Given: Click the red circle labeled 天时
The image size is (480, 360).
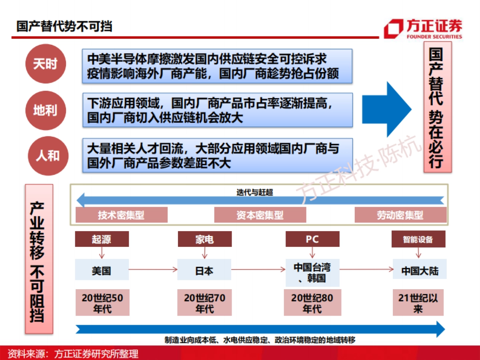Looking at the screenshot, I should click(x=45, y=64).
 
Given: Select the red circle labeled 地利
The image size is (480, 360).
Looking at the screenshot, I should click(x=45, y=110).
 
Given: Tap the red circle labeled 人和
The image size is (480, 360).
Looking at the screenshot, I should click(x=47, y=155).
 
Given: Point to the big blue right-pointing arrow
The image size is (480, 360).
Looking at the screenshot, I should click(x=386, y=109).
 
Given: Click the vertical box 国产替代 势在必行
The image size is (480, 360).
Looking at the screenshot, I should click(x=438, y=108).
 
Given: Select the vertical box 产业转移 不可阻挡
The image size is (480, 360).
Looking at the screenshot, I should click(x=39, y=259).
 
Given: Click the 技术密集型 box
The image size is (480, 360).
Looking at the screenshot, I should click(x=121, y=215).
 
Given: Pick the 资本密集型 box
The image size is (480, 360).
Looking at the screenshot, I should click(x=260, y=215).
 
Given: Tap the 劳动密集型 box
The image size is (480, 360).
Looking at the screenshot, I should click(x=400, y=215).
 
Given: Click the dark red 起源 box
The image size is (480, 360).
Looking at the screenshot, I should click(x=102, y=239).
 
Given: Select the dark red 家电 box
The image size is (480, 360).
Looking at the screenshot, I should click(x=204, y=239).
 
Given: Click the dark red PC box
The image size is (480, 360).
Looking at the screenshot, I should click(x=312, y=239).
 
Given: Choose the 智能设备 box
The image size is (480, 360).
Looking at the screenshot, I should click(x=418, y=239).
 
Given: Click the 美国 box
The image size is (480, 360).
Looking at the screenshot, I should click(x=102, y=271).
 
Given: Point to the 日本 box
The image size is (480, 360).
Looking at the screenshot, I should click(x=204, y=271).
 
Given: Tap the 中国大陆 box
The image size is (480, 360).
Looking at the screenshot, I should click(x=420, y=271).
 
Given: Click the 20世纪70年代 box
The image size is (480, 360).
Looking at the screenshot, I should click(x=204, y=303).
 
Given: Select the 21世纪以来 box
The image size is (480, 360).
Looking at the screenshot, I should click(x=418, y=303).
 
